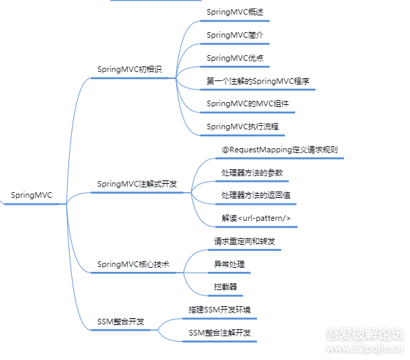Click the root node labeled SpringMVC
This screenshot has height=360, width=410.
pyautogui.click(x=31, y=195)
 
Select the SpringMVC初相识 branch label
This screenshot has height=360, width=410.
pyautogui.click(x=129, y=69)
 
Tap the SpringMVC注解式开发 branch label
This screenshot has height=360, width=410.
pyautogui.click(x=137, y=184)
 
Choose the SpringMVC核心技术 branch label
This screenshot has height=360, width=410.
pyautogui.click(x=133, y=264)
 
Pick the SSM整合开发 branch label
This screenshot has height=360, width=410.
pyautogui.click(x=121, y=322)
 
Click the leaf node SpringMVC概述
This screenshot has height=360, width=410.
pyautogui.click(x=235, y=12)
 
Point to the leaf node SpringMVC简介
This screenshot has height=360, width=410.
pyautogui.click(x=235, y=35)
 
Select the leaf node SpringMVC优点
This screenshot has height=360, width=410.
pyautogui.click(x=235, y=58)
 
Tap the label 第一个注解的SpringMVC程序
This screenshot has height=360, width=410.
pyautogui.click(x=258, y=81)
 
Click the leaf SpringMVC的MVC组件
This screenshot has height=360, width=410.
pyautogui.click(x=248, y=104)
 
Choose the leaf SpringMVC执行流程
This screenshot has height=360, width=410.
pyautogui.click(x=242, y=127)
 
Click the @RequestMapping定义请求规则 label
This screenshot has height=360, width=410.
pyautogui.click(x=279, y=150)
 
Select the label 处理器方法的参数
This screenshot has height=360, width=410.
pyautogui.click(x=252, y=173)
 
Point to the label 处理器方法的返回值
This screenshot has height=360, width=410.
pyautogui.click(x=256, y=195)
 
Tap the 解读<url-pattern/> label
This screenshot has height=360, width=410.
pyautogui.click(x=256, y=218)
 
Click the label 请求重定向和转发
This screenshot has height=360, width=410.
pyautogui.click(x=244, y=241)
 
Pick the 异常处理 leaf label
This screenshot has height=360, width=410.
pyautogui.click(x=229, y=264)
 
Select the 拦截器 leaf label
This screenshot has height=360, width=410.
pyautogui.click(x=226, y=287)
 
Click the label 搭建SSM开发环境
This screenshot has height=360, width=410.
pyautogui.click(x=219, y=310)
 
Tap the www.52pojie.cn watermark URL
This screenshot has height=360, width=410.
pyautogui.click(x=365, y=349)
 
